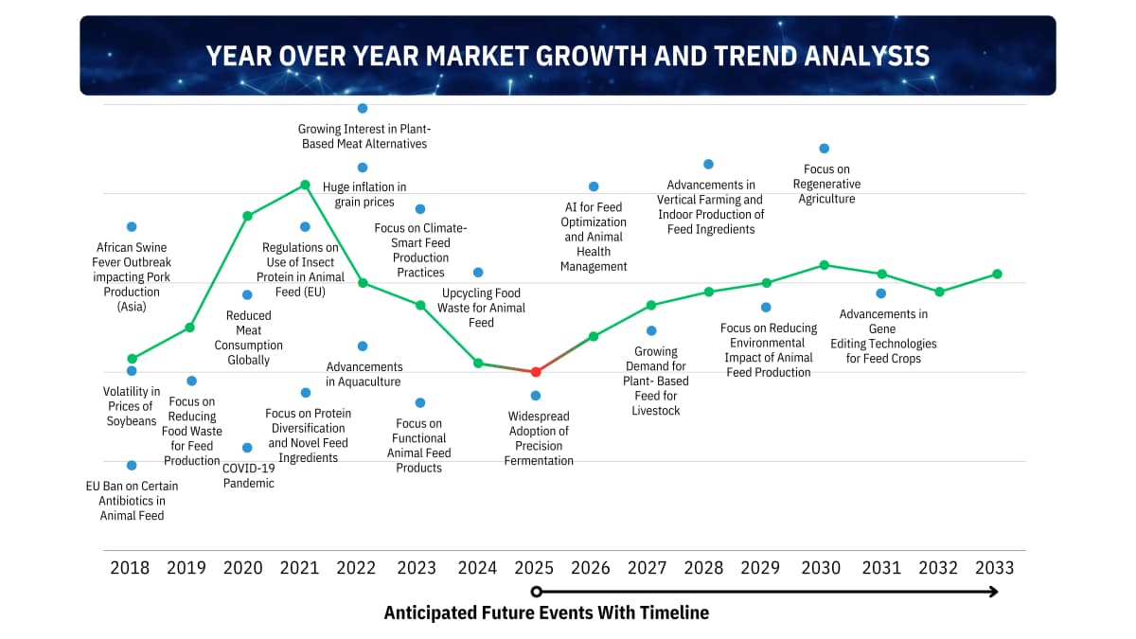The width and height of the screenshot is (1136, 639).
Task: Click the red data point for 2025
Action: pos(536,372)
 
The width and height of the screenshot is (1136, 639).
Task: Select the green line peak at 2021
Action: pos(305,185)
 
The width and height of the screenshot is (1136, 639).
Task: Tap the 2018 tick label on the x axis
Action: pos(130,568)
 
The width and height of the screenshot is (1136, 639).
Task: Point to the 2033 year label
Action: pos(994,568)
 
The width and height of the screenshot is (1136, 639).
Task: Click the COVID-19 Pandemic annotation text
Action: pos(248,475)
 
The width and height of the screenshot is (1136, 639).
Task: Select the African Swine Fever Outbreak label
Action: pos(132,276)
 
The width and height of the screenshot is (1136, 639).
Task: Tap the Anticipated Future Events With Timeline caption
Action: pos(546,612)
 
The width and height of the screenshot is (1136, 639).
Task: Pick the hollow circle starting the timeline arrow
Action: pos(536,592)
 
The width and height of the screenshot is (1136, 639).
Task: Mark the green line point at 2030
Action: pos(824,264)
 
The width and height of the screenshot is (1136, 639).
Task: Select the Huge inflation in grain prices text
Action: pos(364,194)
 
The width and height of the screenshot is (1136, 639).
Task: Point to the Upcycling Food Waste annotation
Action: pos(481,308)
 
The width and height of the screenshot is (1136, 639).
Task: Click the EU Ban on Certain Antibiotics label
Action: pos(132,501)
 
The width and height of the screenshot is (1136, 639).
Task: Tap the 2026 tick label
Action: pos(591,568)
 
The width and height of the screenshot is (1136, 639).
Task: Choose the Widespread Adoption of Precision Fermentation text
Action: pos(539,438)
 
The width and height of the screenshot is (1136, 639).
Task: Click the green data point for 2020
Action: pos(247,216)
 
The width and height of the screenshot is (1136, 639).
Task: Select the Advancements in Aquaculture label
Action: pos(364,374)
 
